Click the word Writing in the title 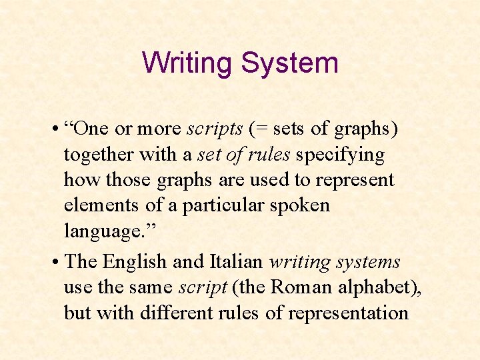click(187, 63)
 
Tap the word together click(99, 155)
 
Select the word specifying click(340, 155)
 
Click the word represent click(355, 181)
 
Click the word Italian click(239, 261)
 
